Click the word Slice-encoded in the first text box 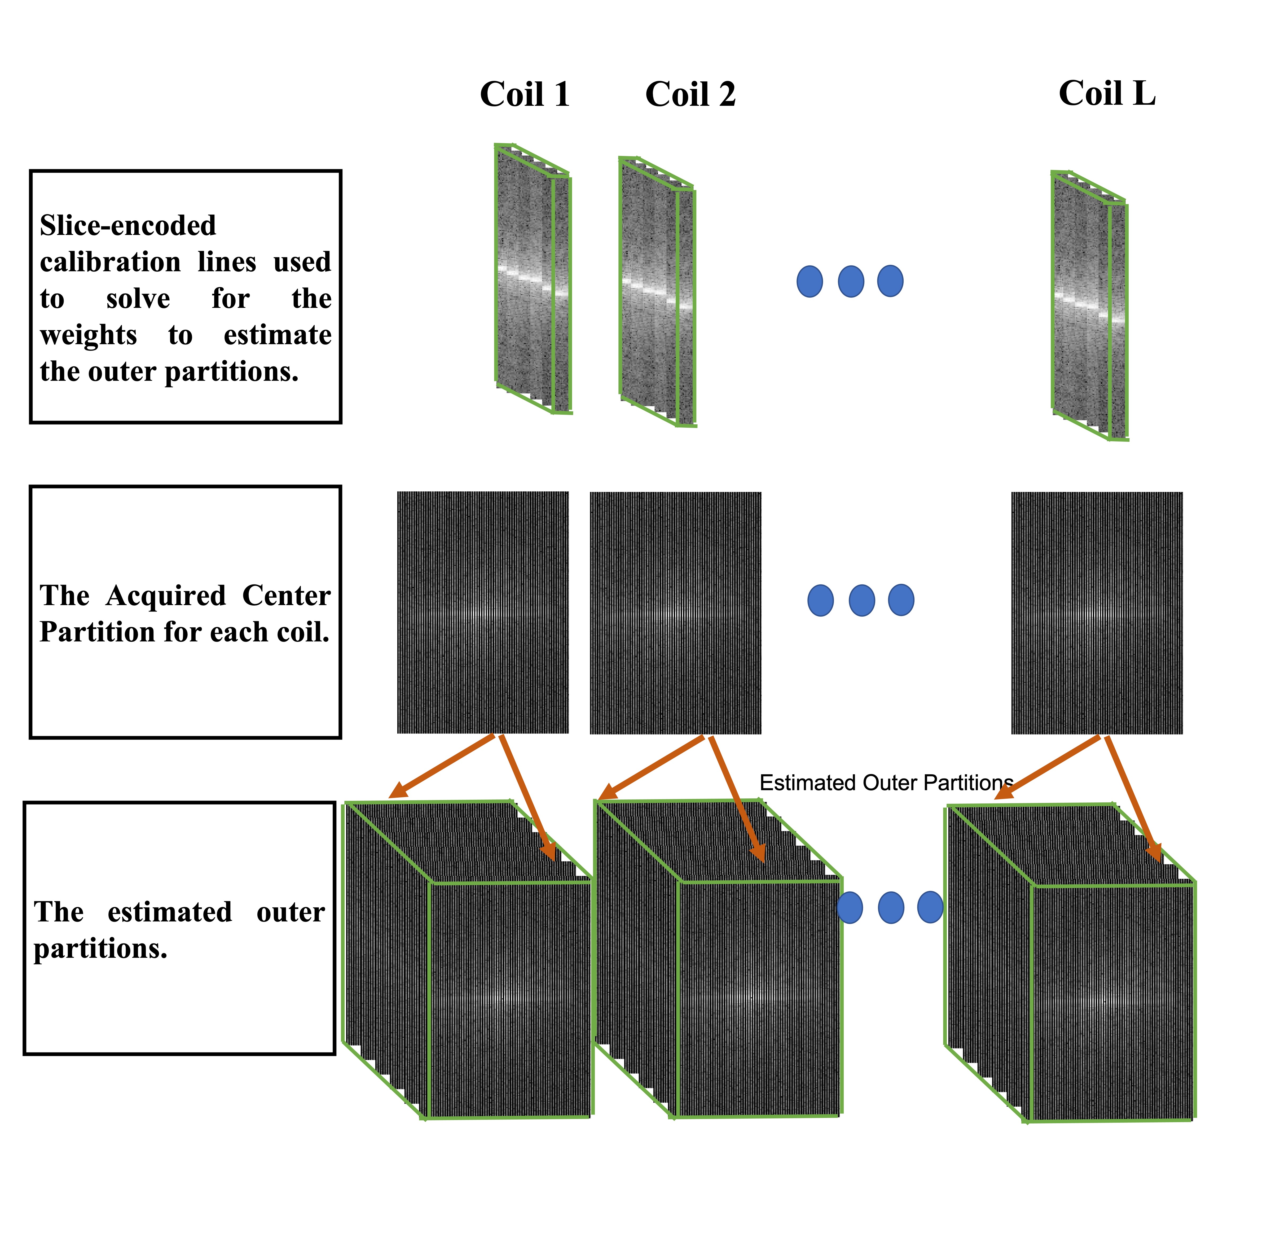[128, 226]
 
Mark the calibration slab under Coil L [1089, 306]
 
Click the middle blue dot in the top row [851, 281]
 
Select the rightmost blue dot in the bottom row [930, 907]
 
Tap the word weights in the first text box [89, 335]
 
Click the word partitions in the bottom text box [100, 949]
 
